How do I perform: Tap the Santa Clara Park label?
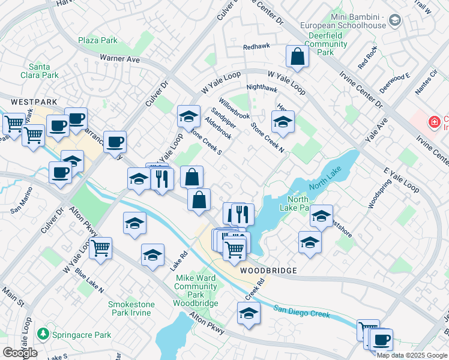pyautogui.click(x=43, y=71)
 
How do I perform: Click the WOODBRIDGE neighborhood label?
pyautogui.click(x=269, y=271)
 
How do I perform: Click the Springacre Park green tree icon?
pyautogui.click(x=43, y=333)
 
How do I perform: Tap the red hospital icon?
pyautogui.click(x=433, y=123)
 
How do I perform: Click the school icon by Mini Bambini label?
pyautogui.click(x=394, y=21)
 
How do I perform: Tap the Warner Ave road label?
pyautogui.click(x=119, y=59)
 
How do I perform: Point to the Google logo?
pyautogui.click(x=20, y=353)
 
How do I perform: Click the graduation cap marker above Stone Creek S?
pyautogui.click(x=188, y=116)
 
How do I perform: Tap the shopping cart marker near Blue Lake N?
pyautogui.click(x=100, y=247)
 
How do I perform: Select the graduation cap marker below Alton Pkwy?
pyautogui.click(x=249, y=313)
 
